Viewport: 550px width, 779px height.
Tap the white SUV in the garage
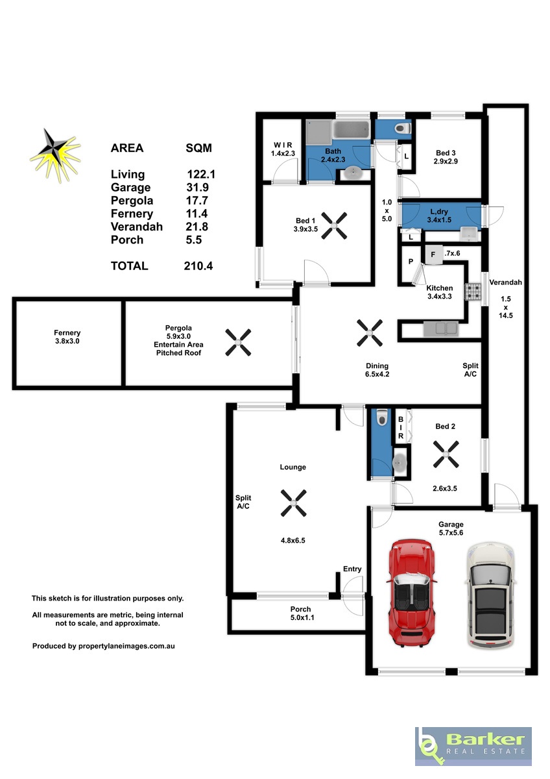(x=490, y=595)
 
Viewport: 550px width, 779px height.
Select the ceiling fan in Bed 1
(x=334, y=226)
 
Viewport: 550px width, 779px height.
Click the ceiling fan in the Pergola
(x=238, y=343)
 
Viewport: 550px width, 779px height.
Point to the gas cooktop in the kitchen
(x=473, y=291)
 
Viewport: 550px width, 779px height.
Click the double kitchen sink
(x=440, y=329)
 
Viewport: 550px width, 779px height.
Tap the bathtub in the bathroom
(x=351, y=130)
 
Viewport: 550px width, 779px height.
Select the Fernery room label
(x=67, y=337)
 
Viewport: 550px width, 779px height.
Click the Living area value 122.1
(x=201, y=174)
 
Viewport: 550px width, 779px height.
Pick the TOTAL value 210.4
(x=198, y=266)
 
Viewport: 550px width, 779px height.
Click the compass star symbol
(x=56, y=155)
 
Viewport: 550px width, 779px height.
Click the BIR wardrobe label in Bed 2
(x=401, y=427)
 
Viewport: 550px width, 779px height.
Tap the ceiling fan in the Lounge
(x=294, y=502)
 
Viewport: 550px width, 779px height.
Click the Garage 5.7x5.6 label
(x=451, y=528)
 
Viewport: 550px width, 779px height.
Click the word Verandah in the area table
(x=137, y=227)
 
